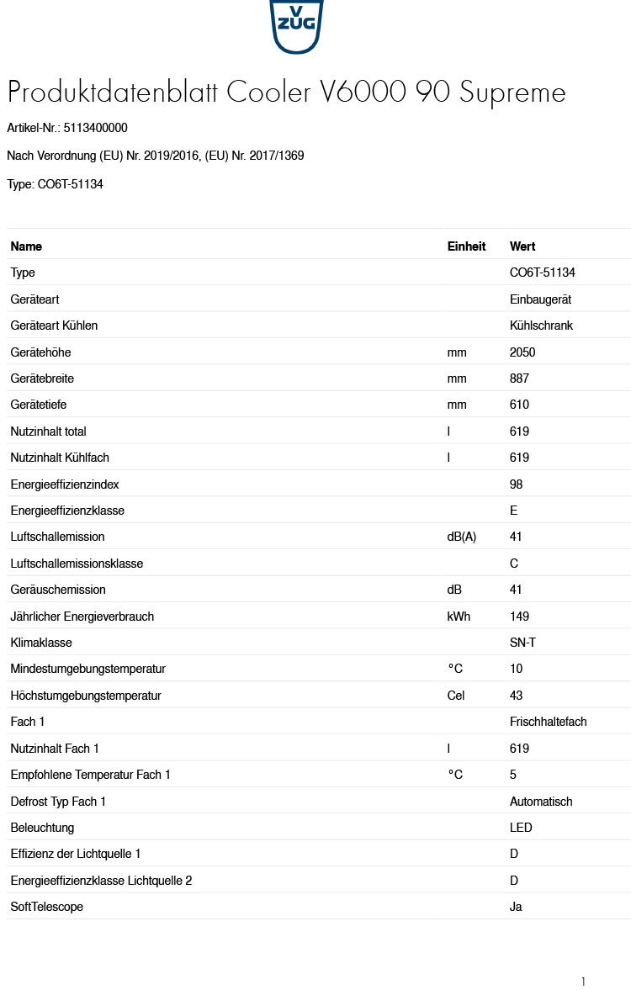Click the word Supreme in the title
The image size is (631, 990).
[512, 93]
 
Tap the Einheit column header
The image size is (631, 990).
[466, 246]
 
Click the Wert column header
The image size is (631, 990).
[522, 246]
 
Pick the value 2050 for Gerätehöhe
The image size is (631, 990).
[522, 352]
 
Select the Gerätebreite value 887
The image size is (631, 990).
[519, 379]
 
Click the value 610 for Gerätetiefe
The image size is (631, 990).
[519, 405]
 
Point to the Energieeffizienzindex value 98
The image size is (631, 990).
[516, 484]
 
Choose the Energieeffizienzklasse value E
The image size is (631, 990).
[513, 511]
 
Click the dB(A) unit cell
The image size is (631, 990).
[461, 537]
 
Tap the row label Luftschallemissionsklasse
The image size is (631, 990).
[77, 564]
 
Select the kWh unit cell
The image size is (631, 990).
[459, 617]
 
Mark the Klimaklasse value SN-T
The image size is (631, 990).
[522, 643]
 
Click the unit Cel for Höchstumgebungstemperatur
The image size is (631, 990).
[456, 696]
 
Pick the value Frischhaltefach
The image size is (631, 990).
[548, 722]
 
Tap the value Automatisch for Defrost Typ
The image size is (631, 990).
[541, 802]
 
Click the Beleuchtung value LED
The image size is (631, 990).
[521, 828]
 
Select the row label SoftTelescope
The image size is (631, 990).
[47, 907]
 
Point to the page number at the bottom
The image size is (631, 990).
[582, 982]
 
